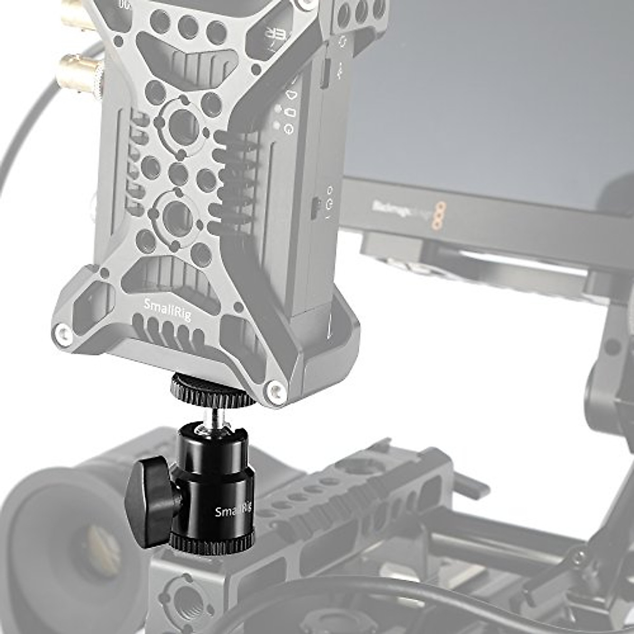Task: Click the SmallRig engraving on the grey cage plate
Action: click(167, 309)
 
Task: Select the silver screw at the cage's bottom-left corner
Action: click(63, 333)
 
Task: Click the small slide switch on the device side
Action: click(315, 208)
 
